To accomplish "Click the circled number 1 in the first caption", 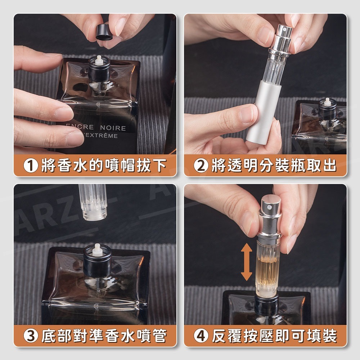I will coord(31,166).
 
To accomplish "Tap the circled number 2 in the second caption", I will coord(201,166).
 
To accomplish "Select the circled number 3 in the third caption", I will coord(31,336).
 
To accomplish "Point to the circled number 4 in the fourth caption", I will coord(201,336).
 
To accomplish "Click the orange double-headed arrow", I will coord(246,262).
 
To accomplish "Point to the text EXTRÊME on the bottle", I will coord(103,136).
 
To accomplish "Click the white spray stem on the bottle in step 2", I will coord(327,102).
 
